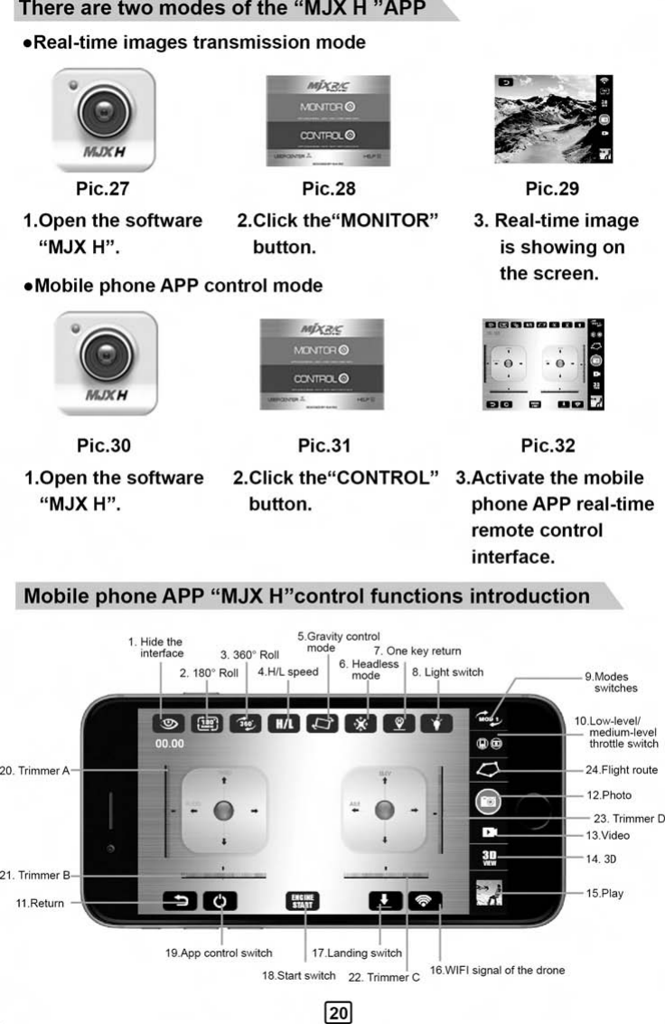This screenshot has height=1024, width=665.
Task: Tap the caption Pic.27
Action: pyautogui.click(x=103, y=189)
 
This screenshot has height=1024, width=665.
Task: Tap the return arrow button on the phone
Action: pyautogui.click(x=179, y=901)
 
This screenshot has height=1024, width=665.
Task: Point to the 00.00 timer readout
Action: pyautogui.click(x=169, y=745)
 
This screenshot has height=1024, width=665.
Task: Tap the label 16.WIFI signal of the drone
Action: pyautogui.click(x=497, y=970)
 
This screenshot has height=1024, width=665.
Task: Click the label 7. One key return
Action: pyautogui.click(x=417, y=651)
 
